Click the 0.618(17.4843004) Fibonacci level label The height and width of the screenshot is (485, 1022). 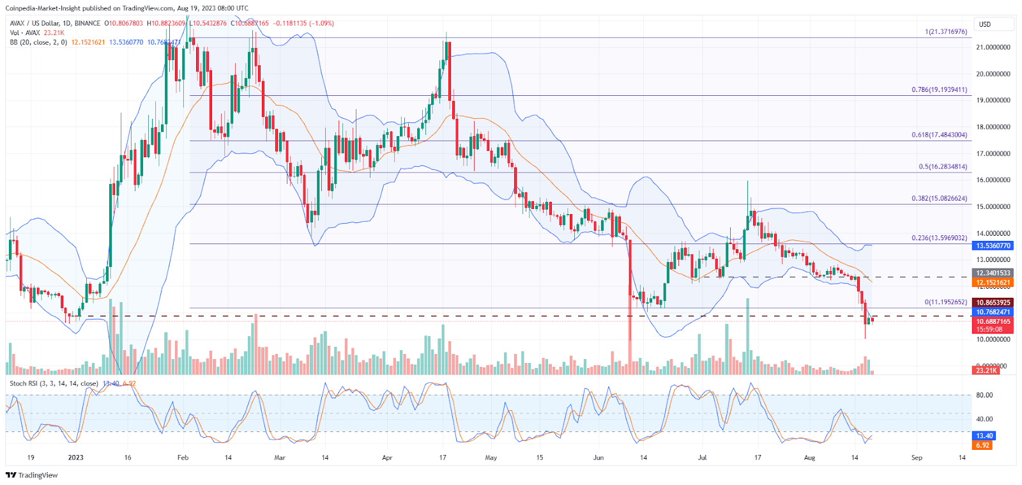pos(939,135)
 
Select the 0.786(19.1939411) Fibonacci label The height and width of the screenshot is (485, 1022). pos(939,90)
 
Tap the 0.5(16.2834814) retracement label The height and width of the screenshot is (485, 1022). pos(943,167)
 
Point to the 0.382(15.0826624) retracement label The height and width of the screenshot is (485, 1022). pos(939,199)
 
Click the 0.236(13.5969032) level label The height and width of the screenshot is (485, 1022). pos(939,238)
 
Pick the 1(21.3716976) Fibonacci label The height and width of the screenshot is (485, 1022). pos(945,32)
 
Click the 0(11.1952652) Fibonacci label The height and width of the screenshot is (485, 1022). pos(945,302)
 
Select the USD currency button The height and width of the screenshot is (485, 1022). pos(993,24)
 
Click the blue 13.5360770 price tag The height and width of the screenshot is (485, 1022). pos(993,245)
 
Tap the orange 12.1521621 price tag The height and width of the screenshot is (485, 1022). pos(993,282)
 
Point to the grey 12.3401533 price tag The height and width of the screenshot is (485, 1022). pos(993,273)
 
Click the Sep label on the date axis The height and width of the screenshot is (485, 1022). pos(917,458)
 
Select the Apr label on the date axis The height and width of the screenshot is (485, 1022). pos(386,458)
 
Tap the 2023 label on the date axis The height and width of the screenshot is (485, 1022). pos(75,458)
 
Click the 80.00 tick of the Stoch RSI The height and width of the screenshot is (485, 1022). pos(984,395)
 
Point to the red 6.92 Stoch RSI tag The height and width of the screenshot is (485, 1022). pos(983,445)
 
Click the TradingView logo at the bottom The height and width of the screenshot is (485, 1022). pos(31,475)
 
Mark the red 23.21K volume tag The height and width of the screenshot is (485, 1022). pos(986,371)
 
